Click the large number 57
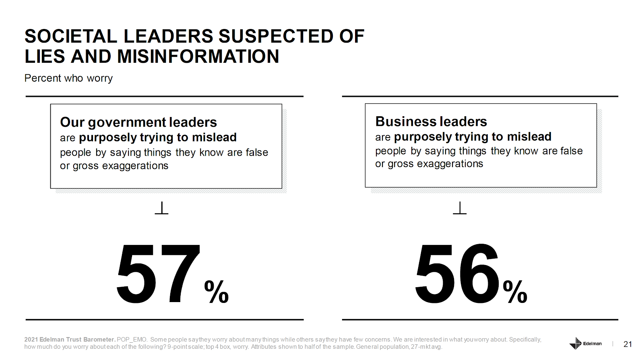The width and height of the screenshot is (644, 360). (x=158, y=274)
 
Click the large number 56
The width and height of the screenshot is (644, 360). (x=457, y=274)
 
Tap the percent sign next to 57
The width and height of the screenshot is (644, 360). (x=217, y=292)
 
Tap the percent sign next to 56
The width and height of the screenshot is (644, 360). (x=515, y=292)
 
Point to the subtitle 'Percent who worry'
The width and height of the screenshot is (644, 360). (x=68, y=78)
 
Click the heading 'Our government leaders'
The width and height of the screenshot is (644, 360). (x=138, y=122)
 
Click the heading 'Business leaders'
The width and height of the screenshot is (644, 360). (x=431, y=121)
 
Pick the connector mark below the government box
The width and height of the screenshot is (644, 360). (x=161, y=208)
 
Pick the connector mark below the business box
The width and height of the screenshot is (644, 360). (x=460, y=208)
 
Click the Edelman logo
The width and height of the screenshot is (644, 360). (x=585, y=344)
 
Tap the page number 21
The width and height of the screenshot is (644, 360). (x=627, y=344)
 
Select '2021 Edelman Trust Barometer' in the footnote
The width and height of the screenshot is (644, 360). (x=70, y=339)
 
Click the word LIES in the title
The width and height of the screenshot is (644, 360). (x=45, y=56)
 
